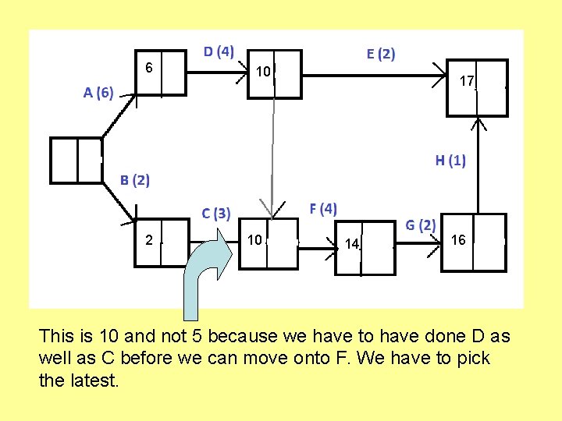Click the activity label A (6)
(98, 94)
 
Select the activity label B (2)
(134, 180)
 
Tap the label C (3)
(215, 213)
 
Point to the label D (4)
(219, 51)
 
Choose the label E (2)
(381, 54)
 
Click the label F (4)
(323, 208)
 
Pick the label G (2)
(420, 225)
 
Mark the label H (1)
(450, 161)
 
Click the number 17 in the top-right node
(467, 81)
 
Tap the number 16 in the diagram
(458, 240)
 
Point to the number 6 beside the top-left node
(148, 68)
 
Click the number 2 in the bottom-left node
(148, 239)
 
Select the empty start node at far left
(76, 159)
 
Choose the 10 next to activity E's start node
(263, 72)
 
